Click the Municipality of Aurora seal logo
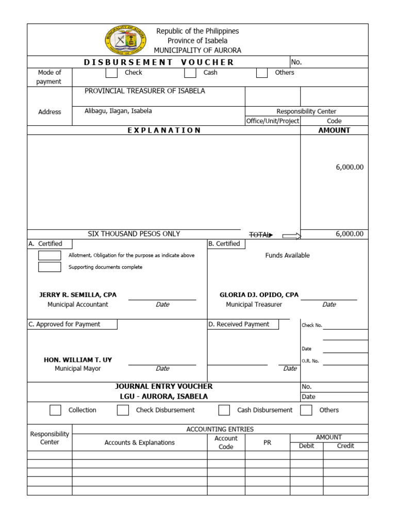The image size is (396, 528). click(x=125, y=40)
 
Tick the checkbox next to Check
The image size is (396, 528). click(x=111, y=73)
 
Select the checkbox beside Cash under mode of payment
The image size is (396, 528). click(x=190, y=73)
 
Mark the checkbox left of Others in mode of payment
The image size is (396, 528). click(x=262, y=73)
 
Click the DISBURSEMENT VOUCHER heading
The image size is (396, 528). click(x=159, y=62)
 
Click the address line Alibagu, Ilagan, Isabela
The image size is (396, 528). click(x=119, y=111)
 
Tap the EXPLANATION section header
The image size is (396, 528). click(x=164, y=130)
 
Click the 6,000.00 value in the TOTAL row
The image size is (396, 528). click(x=349, y=234)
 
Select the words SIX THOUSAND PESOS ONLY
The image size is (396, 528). click(x=134, y=234)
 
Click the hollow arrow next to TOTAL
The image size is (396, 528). click(x=291, y=236)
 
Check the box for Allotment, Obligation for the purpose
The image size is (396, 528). click(x=49, y=255)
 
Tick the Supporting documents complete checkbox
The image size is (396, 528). click(x=49, y=267)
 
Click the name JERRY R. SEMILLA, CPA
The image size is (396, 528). click(x=78, y=295)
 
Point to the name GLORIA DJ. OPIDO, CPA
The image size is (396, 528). click(x=259, y=295)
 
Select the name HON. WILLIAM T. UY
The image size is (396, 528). click(x=78, y=359)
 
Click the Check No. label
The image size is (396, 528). click(x=311, y=325)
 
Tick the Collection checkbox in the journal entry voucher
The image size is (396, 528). click(x=55, y=410)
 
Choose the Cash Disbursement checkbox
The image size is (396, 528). click(x=224, y=410)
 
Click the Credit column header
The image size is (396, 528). click(x=345, y=446)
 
